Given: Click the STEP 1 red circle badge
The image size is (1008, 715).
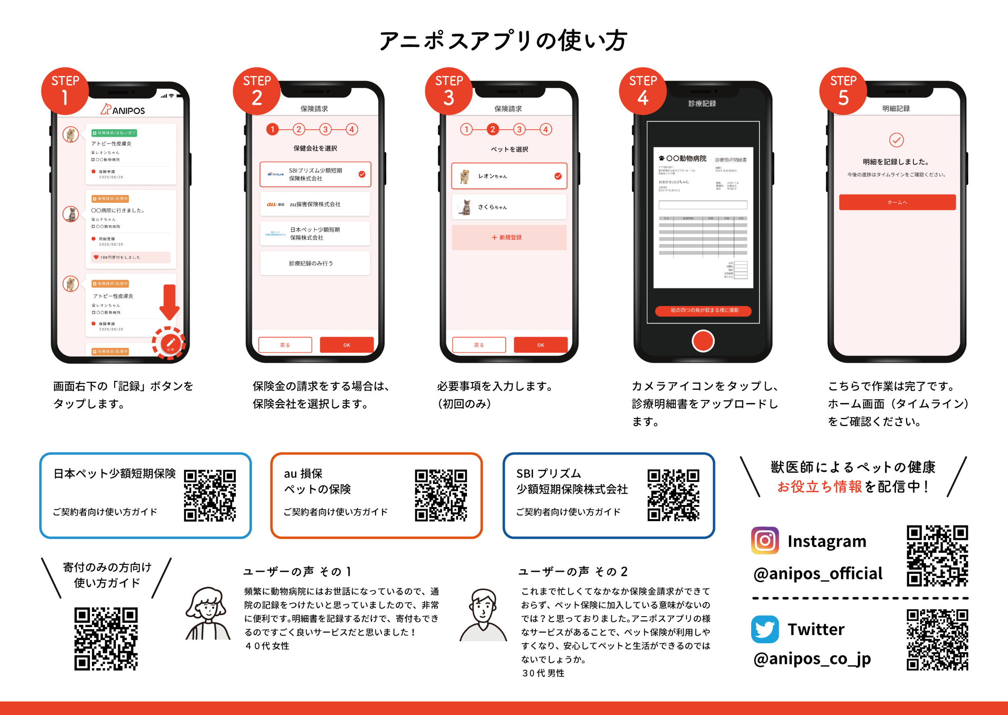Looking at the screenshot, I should pos(65,91).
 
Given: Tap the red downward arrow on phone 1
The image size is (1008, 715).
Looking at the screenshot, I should pos(169,302).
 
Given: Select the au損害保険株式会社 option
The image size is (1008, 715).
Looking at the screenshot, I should pos(315,204).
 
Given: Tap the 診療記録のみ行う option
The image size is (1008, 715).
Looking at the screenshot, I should pos(315,263).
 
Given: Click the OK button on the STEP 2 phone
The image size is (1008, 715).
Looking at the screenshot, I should pos(347,345).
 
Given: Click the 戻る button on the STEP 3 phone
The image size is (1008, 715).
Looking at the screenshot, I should pos(479,345).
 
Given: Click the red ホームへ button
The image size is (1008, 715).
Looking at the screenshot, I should pos(897,202).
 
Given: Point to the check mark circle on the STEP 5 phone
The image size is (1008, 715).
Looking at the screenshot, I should pos(896,140).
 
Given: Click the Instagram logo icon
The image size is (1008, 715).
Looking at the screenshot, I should pos(764,540).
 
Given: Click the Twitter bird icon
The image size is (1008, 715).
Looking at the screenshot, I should pos(764,629).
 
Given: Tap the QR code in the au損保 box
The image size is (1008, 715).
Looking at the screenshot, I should pos(440,495).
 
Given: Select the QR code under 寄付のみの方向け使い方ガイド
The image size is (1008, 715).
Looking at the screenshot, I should pos(106,639).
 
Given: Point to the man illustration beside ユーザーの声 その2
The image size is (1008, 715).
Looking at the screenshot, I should pos(483,615).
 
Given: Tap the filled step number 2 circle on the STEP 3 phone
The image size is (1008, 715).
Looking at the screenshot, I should pos(492,129).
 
